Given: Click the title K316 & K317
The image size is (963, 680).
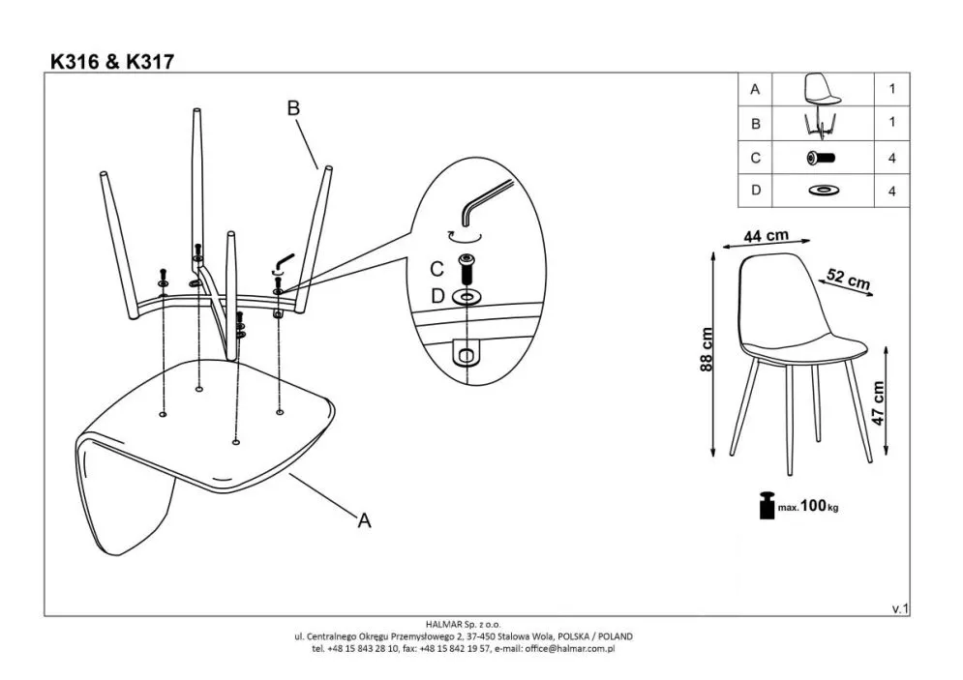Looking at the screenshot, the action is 112,61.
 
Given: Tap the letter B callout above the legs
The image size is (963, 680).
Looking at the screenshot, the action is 293,108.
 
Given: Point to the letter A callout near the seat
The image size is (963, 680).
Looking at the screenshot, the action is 364,520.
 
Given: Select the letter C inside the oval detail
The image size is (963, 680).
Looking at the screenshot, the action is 436,269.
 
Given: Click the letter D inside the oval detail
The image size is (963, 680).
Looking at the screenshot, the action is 437,296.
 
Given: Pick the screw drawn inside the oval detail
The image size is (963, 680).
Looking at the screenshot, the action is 467,268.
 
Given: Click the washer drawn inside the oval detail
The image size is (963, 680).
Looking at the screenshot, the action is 466,298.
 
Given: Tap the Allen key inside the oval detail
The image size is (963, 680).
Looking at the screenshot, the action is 485,199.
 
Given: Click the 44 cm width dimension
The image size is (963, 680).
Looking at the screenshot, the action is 766,236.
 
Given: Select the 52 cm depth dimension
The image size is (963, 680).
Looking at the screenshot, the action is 848,279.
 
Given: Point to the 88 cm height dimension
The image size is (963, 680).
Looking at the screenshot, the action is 707,349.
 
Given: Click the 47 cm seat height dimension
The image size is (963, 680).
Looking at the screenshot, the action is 878,403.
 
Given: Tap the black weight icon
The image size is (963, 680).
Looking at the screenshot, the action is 767,506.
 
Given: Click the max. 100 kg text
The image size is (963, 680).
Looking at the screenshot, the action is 808,506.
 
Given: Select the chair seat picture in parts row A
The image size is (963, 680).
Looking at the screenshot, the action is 822,89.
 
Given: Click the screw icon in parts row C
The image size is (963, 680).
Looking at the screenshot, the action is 821,158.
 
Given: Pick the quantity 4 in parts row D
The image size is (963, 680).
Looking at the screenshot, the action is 891,192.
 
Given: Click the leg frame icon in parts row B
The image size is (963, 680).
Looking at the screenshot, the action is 821,124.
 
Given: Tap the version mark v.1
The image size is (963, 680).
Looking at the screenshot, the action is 900,608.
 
